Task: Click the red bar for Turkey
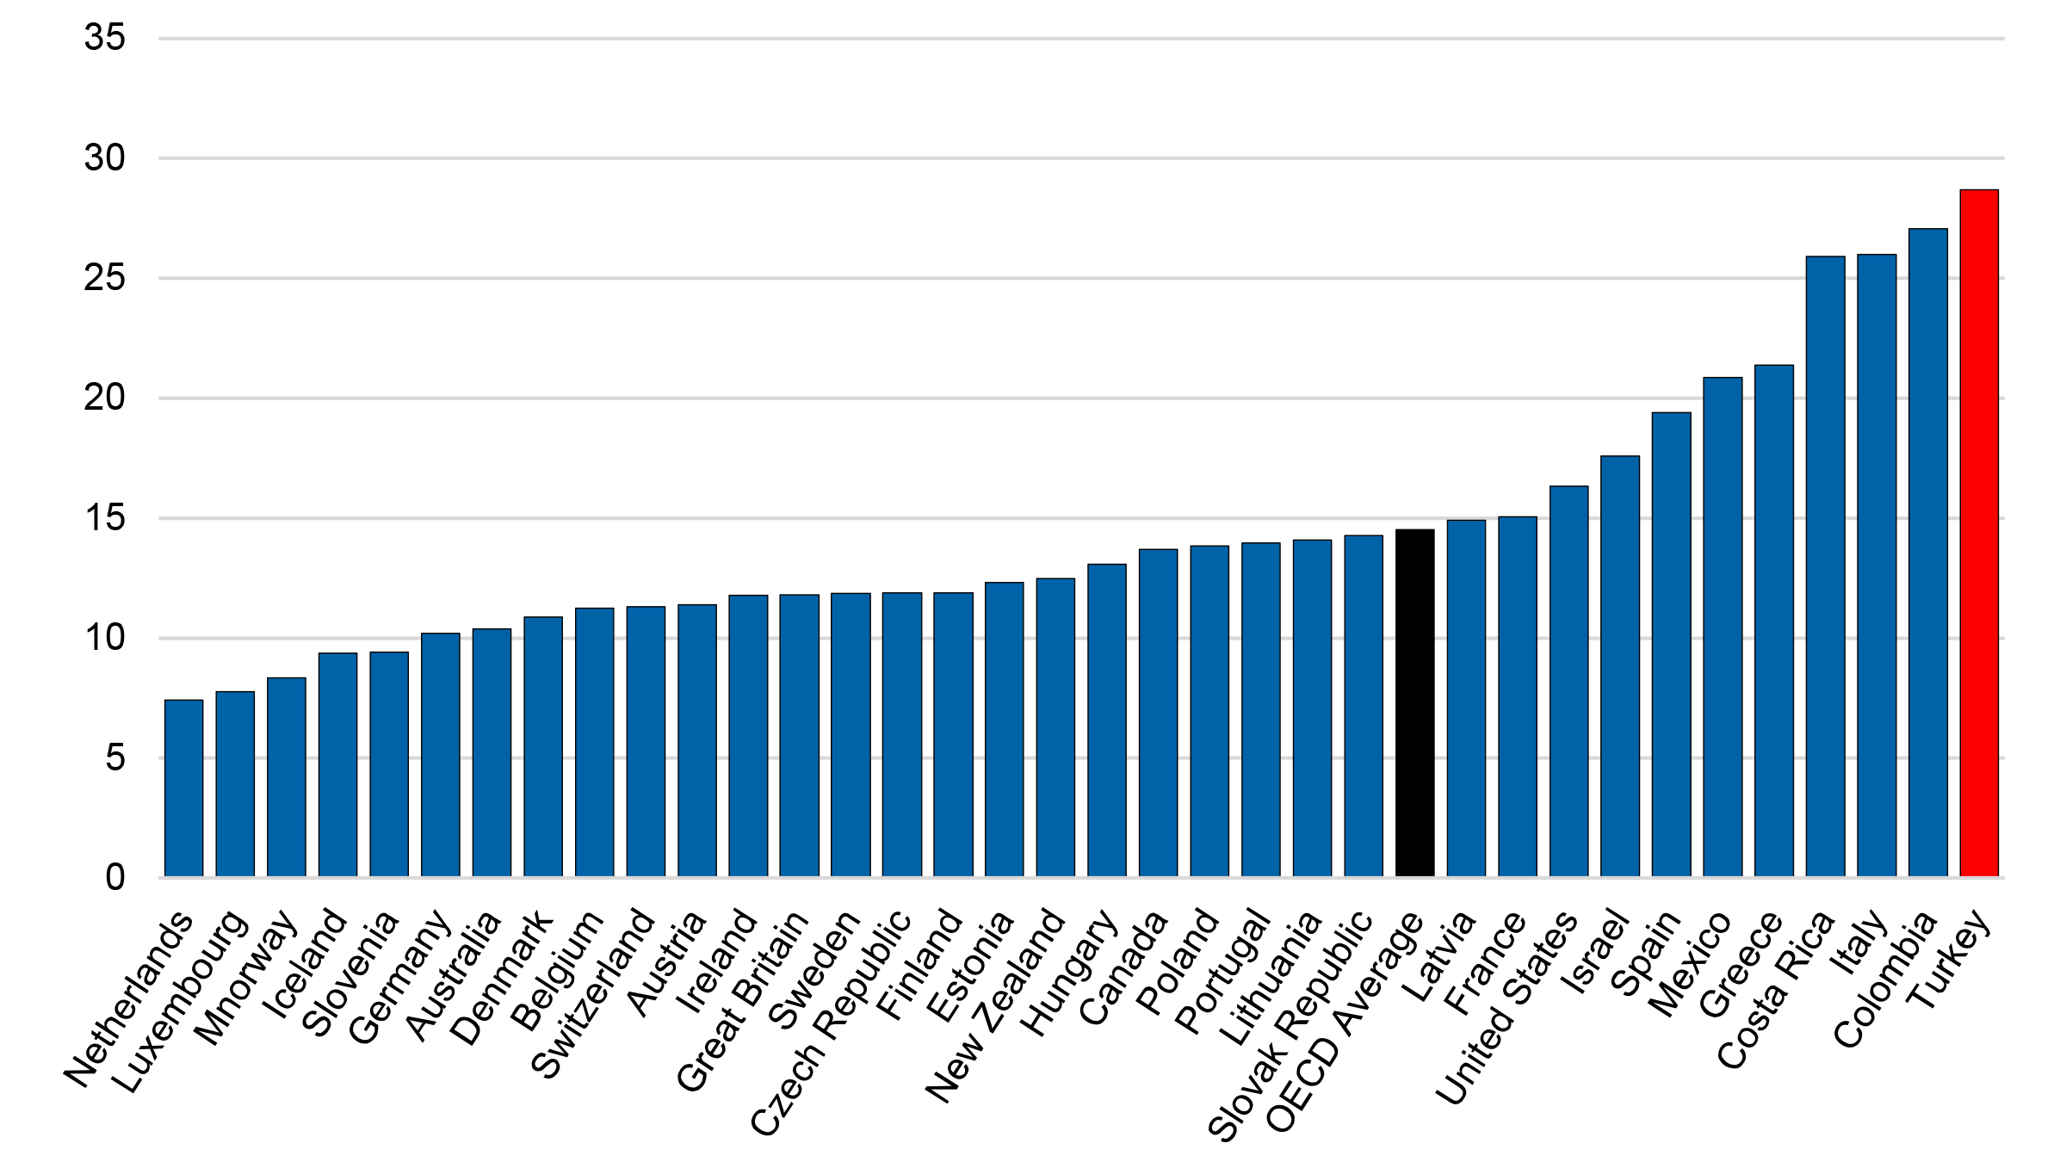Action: [x=1978, y=534]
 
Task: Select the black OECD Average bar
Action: [x=1414, y=703]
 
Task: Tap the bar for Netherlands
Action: [x=183, y=788]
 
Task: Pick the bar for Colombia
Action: [x=1927, y=553]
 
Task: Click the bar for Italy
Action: [x=1876, y=566]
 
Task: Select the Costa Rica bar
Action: [x=1825, y=566]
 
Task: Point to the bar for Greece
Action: [x=1773, y=621]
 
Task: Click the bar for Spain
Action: [x=1671, y=645]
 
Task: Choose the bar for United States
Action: [x=1568, y=682]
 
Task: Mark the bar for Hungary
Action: [x=1106, y=720]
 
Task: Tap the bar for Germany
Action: [x=440, y=755]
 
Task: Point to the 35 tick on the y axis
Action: [x=104, y=38]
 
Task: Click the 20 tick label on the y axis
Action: [x=104, y=398]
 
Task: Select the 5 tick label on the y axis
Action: [x=114, y=758]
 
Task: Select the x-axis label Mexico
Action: [x=1689, y=965]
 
